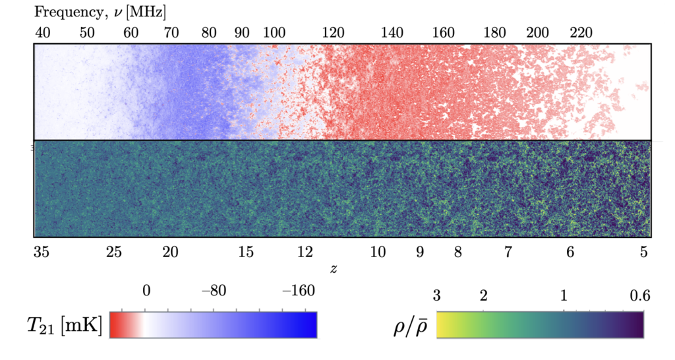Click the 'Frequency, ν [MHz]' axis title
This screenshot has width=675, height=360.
point(100,12)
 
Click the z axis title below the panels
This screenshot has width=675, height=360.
point(334,269)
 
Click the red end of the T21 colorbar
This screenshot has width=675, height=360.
point(115,324)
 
